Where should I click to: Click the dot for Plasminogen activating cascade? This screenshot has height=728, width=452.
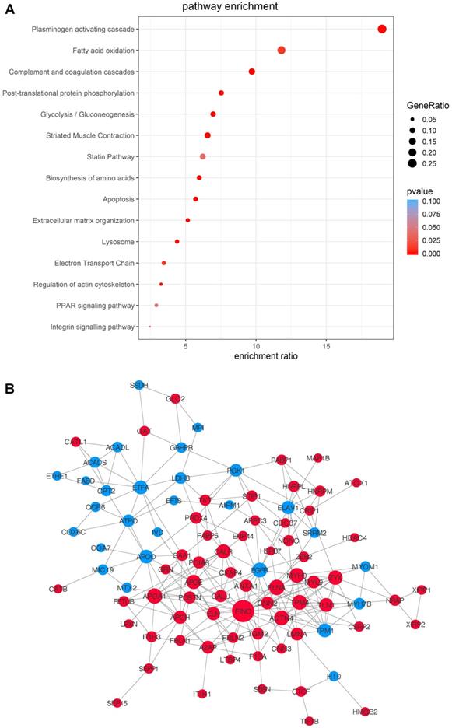(382, 29)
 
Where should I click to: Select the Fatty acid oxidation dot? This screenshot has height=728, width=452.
(282, 51)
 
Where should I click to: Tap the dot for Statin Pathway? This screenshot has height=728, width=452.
(203, 156)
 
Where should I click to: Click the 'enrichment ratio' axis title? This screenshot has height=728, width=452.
(266, 356)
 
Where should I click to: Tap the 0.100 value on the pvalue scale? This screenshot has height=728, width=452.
(430, 201)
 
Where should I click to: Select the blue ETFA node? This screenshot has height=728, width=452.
(141, 488)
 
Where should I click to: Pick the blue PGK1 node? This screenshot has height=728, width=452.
(236, 471)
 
